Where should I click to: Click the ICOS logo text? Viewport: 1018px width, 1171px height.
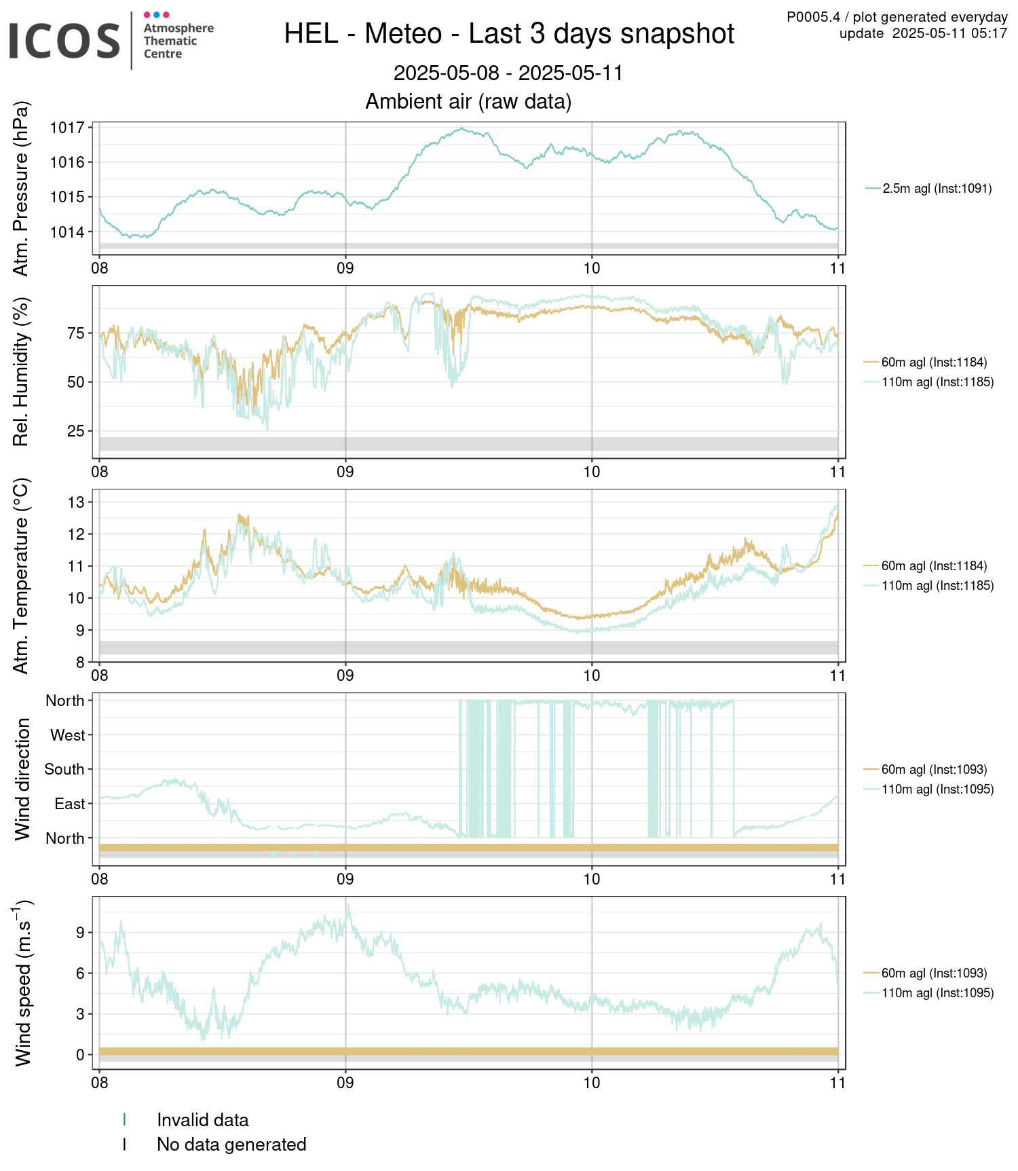[64, 41]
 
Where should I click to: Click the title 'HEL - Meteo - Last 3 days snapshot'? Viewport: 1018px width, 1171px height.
[509, 33]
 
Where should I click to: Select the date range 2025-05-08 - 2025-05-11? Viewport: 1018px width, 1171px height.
[508, 73]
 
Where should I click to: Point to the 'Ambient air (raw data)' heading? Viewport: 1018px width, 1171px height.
[468, 101]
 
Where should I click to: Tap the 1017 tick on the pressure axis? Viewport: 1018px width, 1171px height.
[67, 128]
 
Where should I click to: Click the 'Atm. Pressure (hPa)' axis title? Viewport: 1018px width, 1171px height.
[22, 189]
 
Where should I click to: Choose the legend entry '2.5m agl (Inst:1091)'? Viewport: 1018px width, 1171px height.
[937, 189]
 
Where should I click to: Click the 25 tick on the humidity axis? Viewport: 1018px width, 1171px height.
[76, 431]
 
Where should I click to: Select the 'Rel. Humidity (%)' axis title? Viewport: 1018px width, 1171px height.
[22, 372]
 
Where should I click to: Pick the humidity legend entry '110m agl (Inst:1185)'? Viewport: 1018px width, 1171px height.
[938, 382]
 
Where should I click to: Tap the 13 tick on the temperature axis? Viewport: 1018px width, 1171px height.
[76, 502]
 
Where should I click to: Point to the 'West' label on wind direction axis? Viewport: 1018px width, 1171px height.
[68, 735]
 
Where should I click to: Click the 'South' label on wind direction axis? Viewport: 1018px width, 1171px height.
[64, 769]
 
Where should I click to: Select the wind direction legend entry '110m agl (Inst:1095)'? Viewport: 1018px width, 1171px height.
[938, 789]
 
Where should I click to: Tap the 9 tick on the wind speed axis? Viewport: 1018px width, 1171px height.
[80, 933]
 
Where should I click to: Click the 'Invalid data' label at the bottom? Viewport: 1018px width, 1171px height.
[203, 1120]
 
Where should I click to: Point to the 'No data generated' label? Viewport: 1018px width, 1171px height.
[231, 1145]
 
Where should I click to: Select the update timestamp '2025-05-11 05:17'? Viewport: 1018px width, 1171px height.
[950, 33]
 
